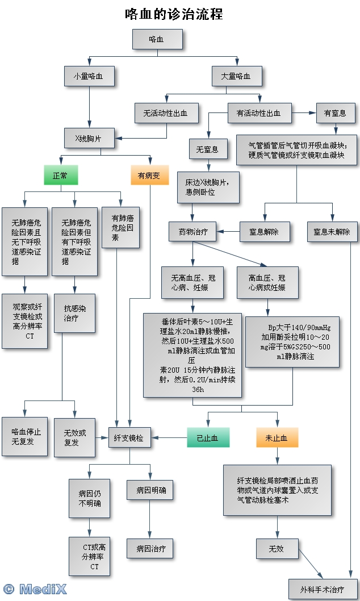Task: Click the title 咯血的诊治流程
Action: pos(174,14)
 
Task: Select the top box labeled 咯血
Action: pos(157,39)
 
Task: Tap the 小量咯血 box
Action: pos(90,76)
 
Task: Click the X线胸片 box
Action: pos(90,137)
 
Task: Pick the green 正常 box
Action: pos(61,176)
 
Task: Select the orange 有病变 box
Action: pos(149,176)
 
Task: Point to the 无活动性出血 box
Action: pos(167,113)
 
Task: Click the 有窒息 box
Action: pos(335,113)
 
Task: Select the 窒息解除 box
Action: pos(264,231)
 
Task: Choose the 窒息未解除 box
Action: pos(332,231)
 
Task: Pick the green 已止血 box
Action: pos(207,438)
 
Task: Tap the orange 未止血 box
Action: pos(277,438)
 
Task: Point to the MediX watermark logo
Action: pos(35,589)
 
